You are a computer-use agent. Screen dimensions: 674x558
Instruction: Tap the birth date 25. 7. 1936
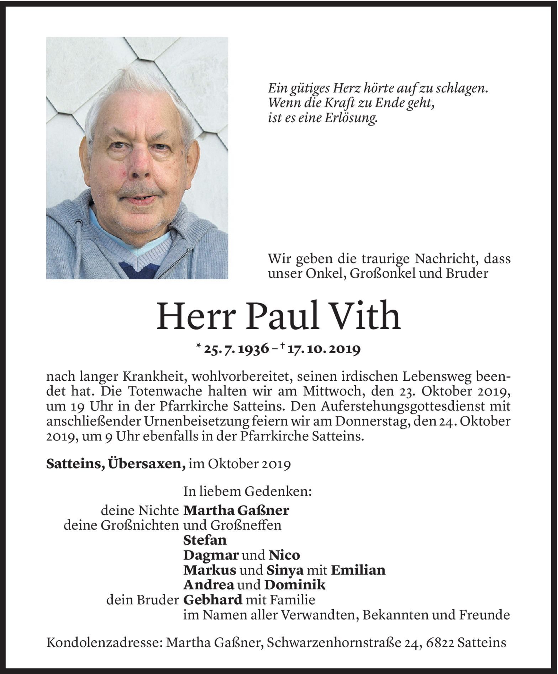coord(237,349)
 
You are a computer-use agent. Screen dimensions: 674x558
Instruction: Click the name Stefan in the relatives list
coord(205,540)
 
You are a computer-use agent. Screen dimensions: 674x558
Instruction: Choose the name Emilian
coord(358,570)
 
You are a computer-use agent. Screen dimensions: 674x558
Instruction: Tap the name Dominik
coord(294,585)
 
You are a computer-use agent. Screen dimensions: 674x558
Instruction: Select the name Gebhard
coord(212,600)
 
